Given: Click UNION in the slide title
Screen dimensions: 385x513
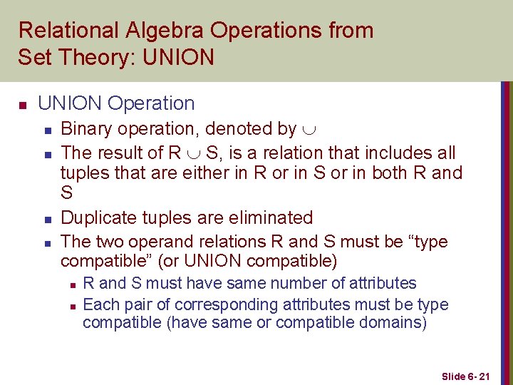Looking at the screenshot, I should click(x=178, y=56).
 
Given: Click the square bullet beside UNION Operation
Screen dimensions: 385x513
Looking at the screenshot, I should click(x=23, y=105).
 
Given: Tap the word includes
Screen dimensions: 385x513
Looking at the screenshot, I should click(x=393, y=153).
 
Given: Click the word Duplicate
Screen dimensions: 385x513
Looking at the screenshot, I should click(x=100, y=217).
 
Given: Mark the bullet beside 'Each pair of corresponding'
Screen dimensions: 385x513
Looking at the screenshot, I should click(x=73, y=306).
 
